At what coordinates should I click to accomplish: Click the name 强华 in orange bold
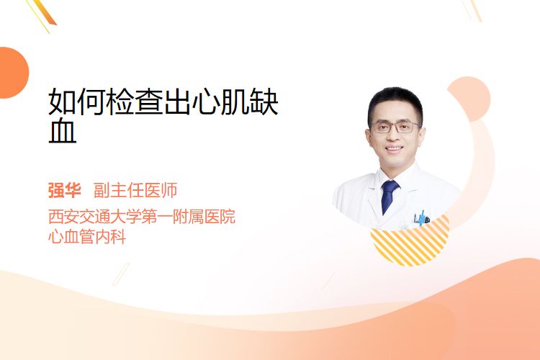pyautogui.click(x=65, y=191)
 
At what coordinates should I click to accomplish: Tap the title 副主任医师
pyautogui.click(x=135, y=191)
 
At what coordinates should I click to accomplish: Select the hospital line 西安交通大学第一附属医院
pyautogui.click(x=142, y=216)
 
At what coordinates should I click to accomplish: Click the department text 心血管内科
pyautogui.click(x=87, y=237)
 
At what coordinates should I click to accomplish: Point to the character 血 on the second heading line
pyautogui.click(x=63, y=131)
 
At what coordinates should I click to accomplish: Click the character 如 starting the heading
pyautogui.click(x=63, y=102)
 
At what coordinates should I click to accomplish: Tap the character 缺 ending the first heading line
pyautogui.click(x=264, y=102)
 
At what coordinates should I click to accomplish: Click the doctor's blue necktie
pyautogui.click(x=389, y=197)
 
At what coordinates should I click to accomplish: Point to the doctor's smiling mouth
pyautogui.click(x=394, y=149)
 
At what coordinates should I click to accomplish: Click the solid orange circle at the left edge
pyautogui.click(x=13, y=73)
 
